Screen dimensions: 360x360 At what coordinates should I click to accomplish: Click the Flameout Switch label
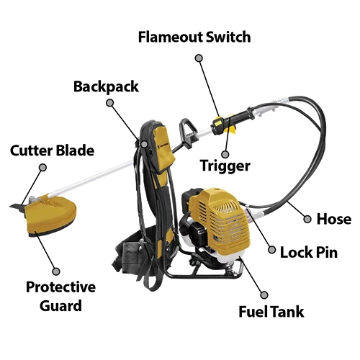coord(194,37)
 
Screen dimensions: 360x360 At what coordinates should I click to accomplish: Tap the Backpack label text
coord(106,87)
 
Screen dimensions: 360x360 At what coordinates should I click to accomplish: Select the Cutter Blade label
coord(52,150)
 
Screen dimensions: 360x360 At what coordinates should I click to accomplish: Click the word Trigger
coord(225,166)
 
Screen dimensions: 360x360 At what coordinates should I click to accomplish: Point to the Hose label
coord(334,219)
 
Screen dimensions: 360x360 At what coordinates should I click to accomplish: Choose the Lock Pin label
coord(309,253)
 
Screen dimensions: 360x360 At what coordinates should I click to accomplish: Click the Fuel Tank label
coord(271,312)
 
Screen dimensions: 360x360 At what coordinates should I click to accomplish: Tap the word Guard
coord(60,306)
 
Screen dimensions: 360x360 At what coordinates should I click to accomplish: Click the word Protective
coord(60,287)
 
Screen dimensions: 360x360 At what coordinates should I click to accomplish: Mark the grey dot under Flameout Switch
coord(199,58)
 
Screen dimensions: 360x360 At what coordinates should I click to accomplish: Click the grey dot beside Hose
coord(307,219)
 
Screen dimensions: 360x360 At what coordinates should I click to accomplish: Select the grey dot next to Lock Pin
coord(271,250)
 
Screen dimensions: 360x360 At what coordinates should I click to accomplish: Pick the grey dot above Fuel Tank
coord(264,295)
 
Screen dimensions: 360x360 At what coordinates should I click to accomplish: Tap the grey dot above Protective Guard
coord(56,271)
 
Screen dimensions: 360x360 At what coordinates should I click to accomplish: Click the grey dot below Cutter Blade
coord(42,167)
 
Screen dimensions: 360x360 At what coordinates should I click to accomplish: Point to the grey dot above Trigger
coord(225,154)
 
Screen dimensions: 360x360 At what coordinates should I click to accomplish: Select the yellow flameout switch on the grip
coord(218,122)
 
